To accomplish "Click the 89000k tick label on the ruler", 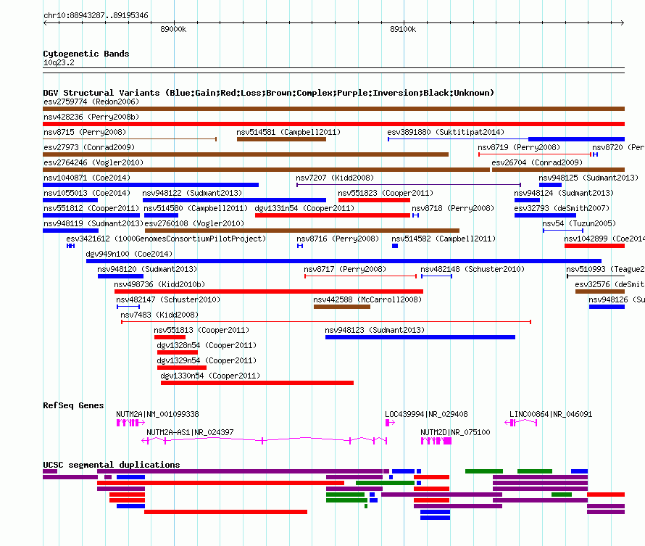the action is pos(173,29).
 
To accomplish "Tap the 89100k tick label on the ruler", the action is pos(403,29).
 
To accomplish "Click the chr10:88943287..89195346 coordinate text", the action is pos(96,16).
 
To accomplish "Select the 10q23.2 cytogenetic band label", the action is pos(59,62).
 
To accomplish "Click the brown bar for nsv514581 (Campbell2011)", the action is pos(281,139).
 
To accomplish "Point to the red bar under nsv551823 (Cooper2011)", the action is pos(374,200).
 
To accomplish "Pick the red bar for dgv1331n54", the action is pos(333,215).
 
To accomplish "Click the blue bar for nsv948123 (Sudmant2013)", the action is pos(420,337).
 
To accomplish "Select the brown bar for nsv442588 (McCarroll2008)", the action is pos(342,307).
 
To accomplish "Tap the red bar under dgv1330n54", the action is pos(257,383).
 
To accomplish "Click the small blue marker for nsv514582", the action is pos(395,246).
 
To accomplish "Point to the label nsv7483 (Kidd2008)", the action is pos(159,315).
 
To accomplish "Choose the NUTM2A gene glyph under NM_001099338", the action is pos(130,423).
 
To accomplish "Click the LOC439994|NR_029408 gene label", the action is pos(426,414).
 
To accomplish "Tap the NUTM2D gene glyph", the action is pos(436,441).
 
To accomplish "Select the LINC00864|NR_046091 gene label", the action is pos(551,414).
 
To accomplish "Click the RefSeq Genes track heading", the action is pos(73,405).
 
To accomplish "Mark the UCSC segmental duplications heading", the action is pos(112,465).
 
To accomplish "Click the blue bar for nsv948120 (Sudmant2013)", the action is pos(120,276).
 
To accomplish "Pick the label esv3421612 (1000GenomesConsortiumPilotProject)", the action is pos(166,239).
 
